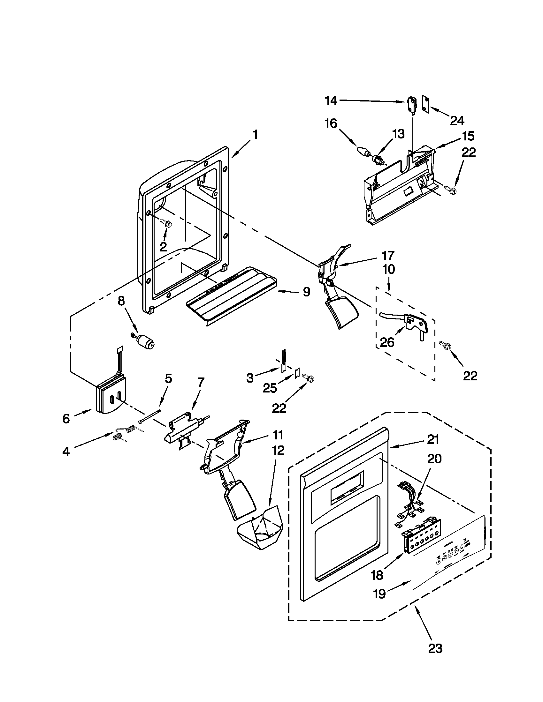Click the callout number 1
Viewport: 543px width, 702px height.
point(255,135)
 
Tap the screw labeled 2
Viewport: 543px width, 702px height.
point(167,222)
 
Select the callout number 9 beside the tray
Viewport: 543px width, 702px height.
point(306,292)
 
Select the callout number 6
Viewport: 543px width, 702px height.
point(66,418)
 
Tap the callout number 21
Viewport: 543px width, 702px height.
point(433,439)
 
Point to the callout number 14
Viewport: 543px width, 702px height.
point(330,101)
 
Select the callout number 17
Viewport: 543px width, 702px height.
point(388,256)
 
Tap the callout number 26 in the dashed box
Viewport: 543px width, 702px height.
point(387,342)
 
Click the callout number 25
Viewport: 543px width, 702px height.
point(270,388)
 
